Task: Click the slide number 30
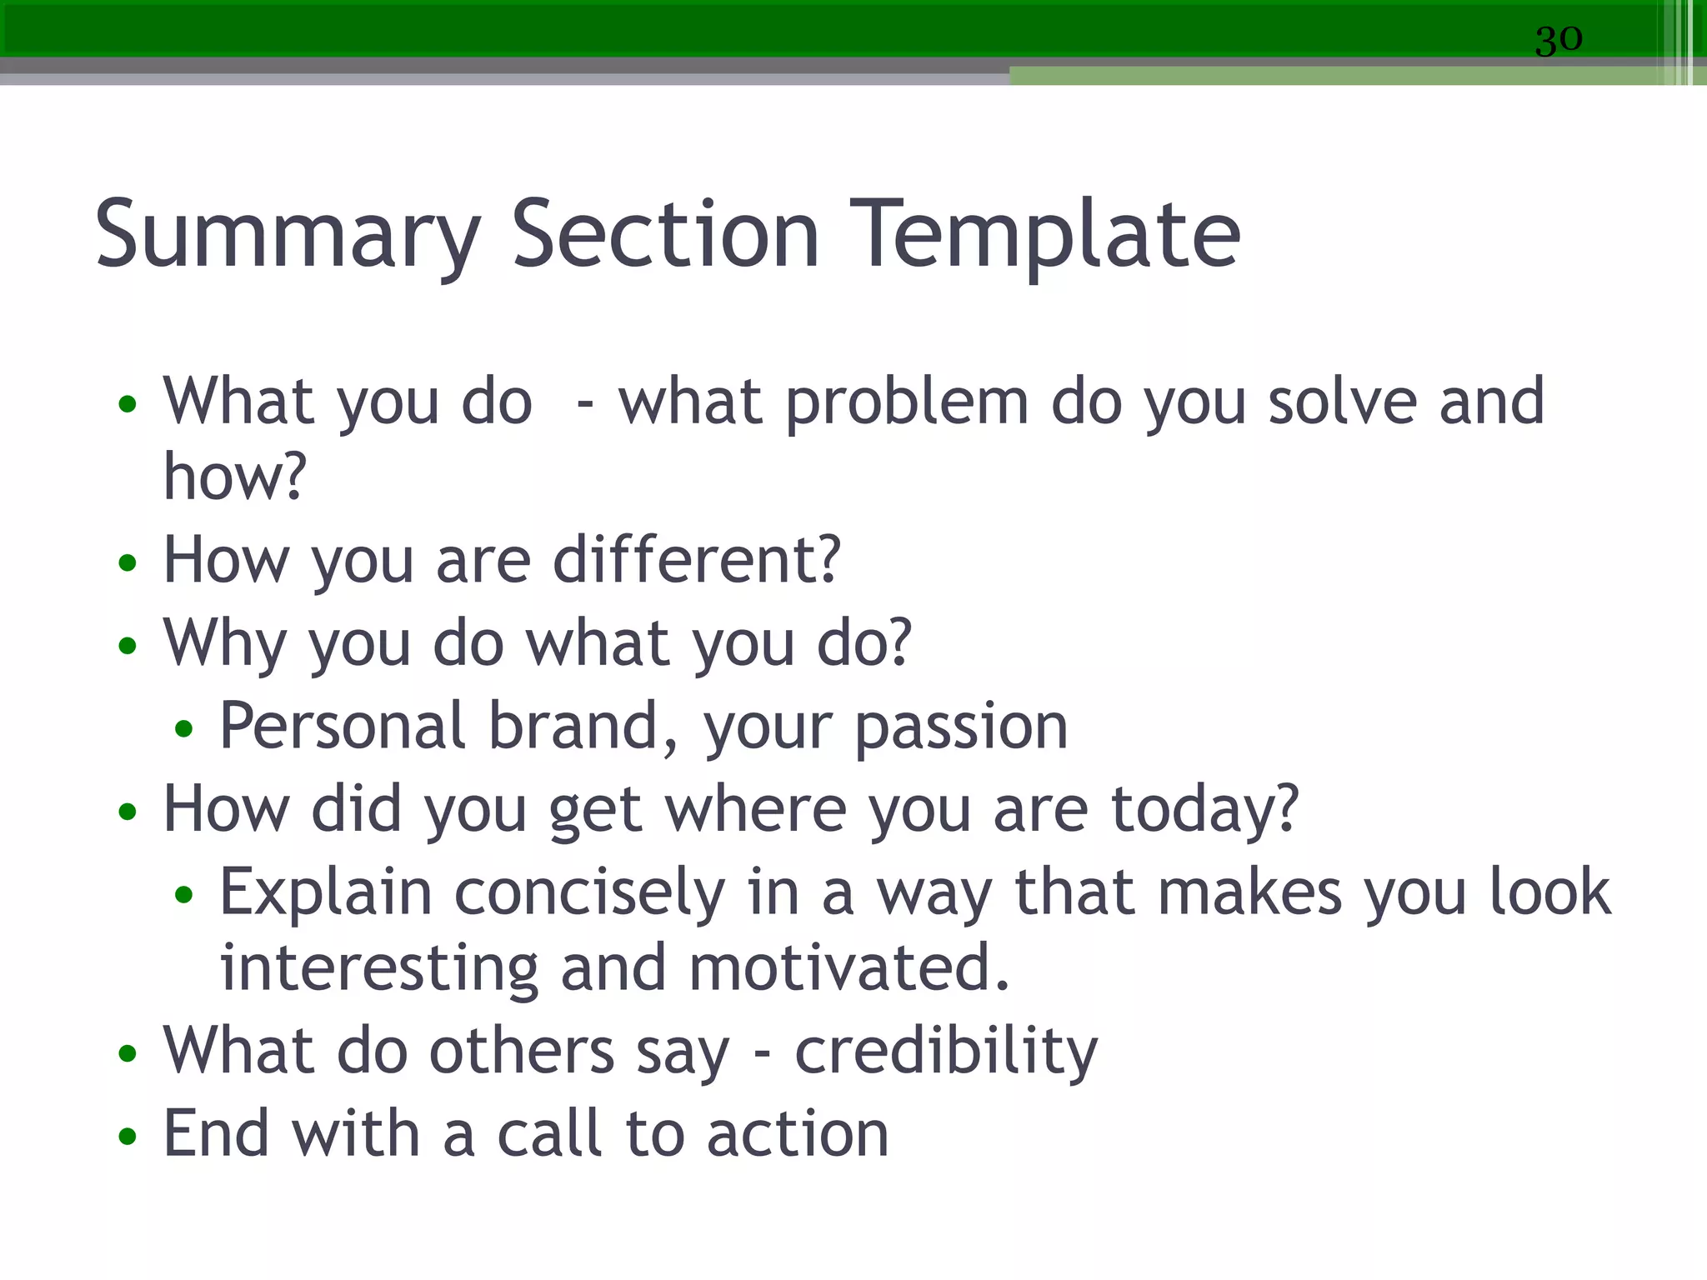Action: click(1558, 39)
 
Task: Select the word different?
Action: click(697, 560)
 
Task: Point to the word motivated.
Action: click(849, 968)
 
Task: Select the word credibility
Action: click(946, 1052)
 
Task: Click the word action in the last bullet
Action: click(798, 1135)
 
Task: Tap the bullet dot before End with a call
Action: click(127, 1136)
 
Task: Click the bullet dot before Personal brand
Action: click(183, 729)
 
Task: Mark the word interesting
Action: click(379, 968)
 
